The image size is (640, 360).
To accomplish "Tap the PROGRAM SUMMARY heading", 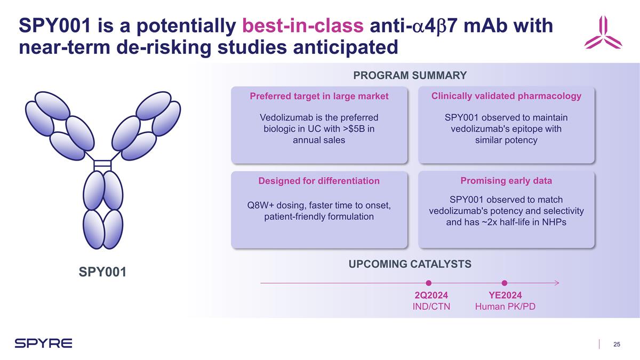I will [x=410, y=75].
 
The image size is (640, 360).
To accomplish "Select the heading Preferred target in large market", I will [x=319, y=96].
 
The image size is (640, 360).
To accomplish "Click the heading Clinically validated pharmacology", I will [x=506, y=95].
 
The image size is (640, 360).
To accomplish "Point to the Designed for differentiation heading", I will [x=319, y=181].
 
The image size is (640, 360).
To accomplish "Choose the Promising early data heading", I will [x=506, y=181].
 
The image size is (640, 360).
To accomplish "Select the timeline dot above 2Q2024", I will [x=429, y=283].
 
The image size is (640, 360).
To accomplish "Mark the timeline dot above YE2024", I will [x=505, y=283].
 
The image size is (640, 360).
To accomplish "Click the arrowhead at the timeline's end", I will [x=556, y=283].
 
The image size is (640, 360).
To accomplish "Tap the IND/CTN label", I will [x=431, y=307].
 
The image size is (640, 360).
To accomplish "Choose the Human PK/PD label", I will [x=505, y=307].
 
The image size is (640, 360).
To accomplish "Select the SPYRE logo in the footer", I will [x=43, y=343].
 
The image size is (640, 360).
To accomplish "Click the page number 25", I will [x=617, y=344].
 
